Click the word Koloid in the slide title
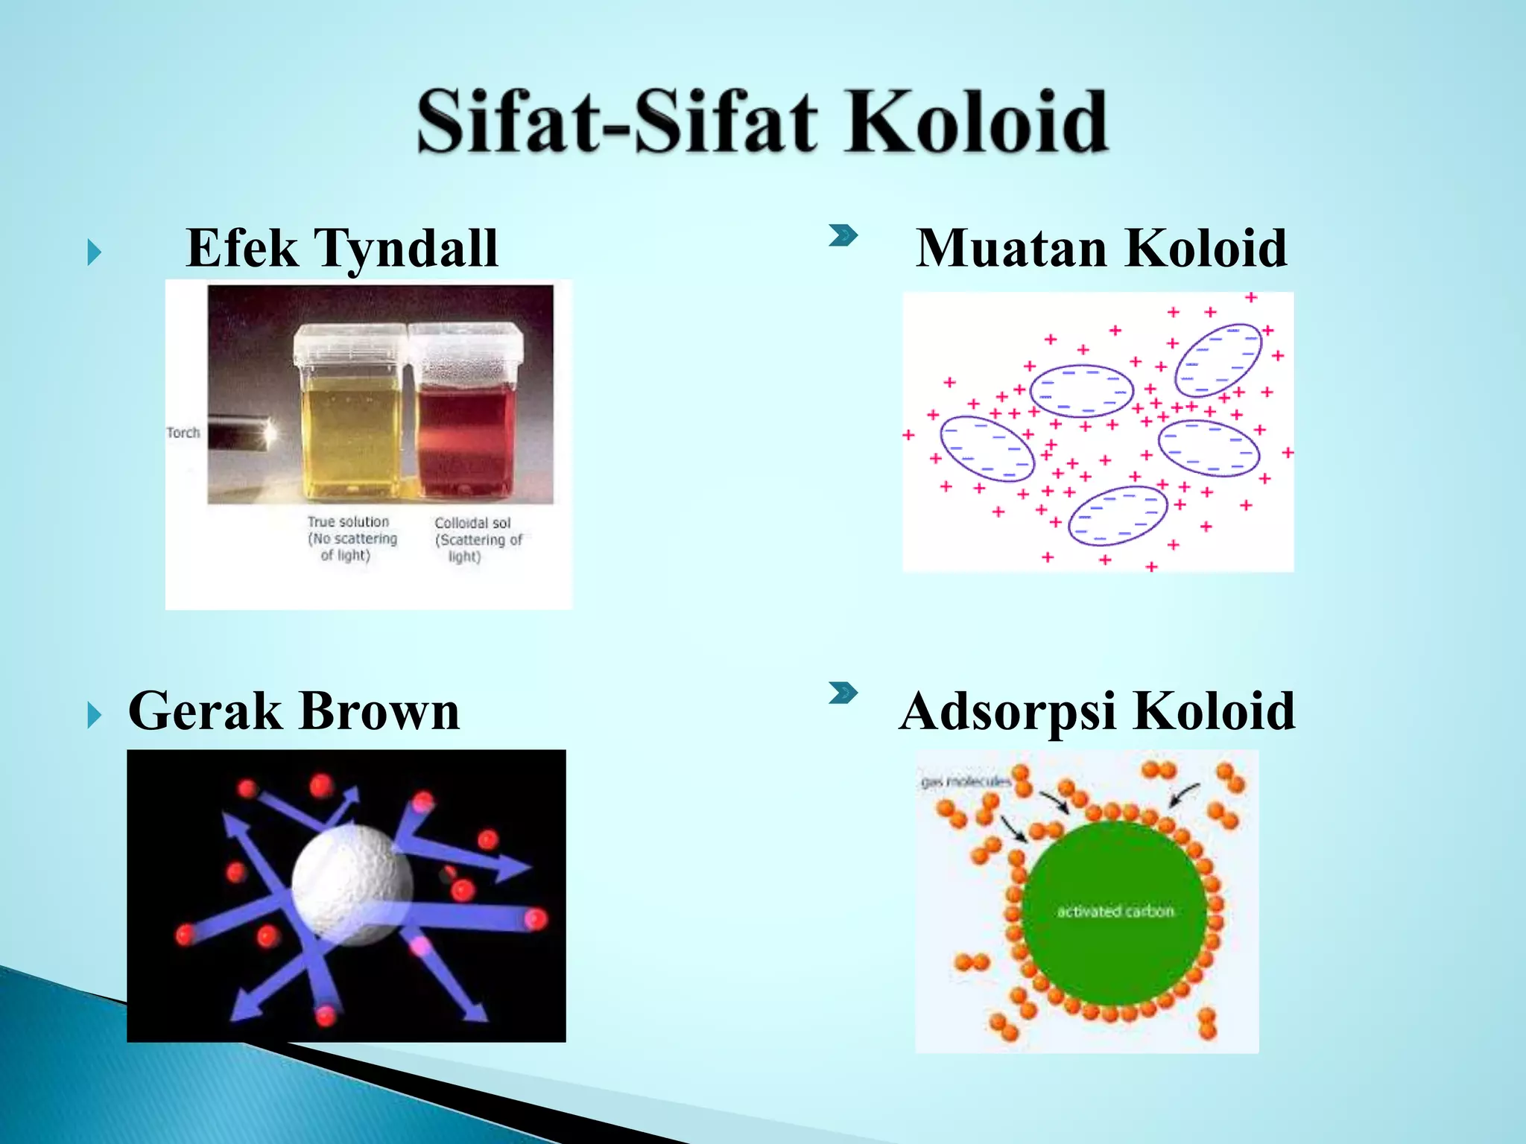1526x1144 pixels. [x=976, y=121]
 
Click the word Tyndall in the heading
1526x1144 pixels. [x=406, y=248]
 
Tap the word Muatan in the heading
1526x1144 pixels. [x=1013, y=248]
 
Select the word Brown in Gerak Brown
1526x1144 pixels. [x=380, y=711]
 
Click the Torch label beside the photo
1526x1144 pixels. [x=183, y=433]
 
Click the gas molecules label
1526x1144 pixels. [x=966, y=781]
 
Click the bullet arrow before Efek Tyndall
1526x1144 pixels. [x=94, y=252]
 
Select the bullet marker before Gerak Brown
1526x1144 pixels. [x=94, y=715]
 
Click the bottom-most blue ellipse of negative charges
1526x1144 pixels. [x=1118, y=516]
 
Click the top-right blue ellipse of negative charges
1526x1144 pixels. [x=1218, y=360]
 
